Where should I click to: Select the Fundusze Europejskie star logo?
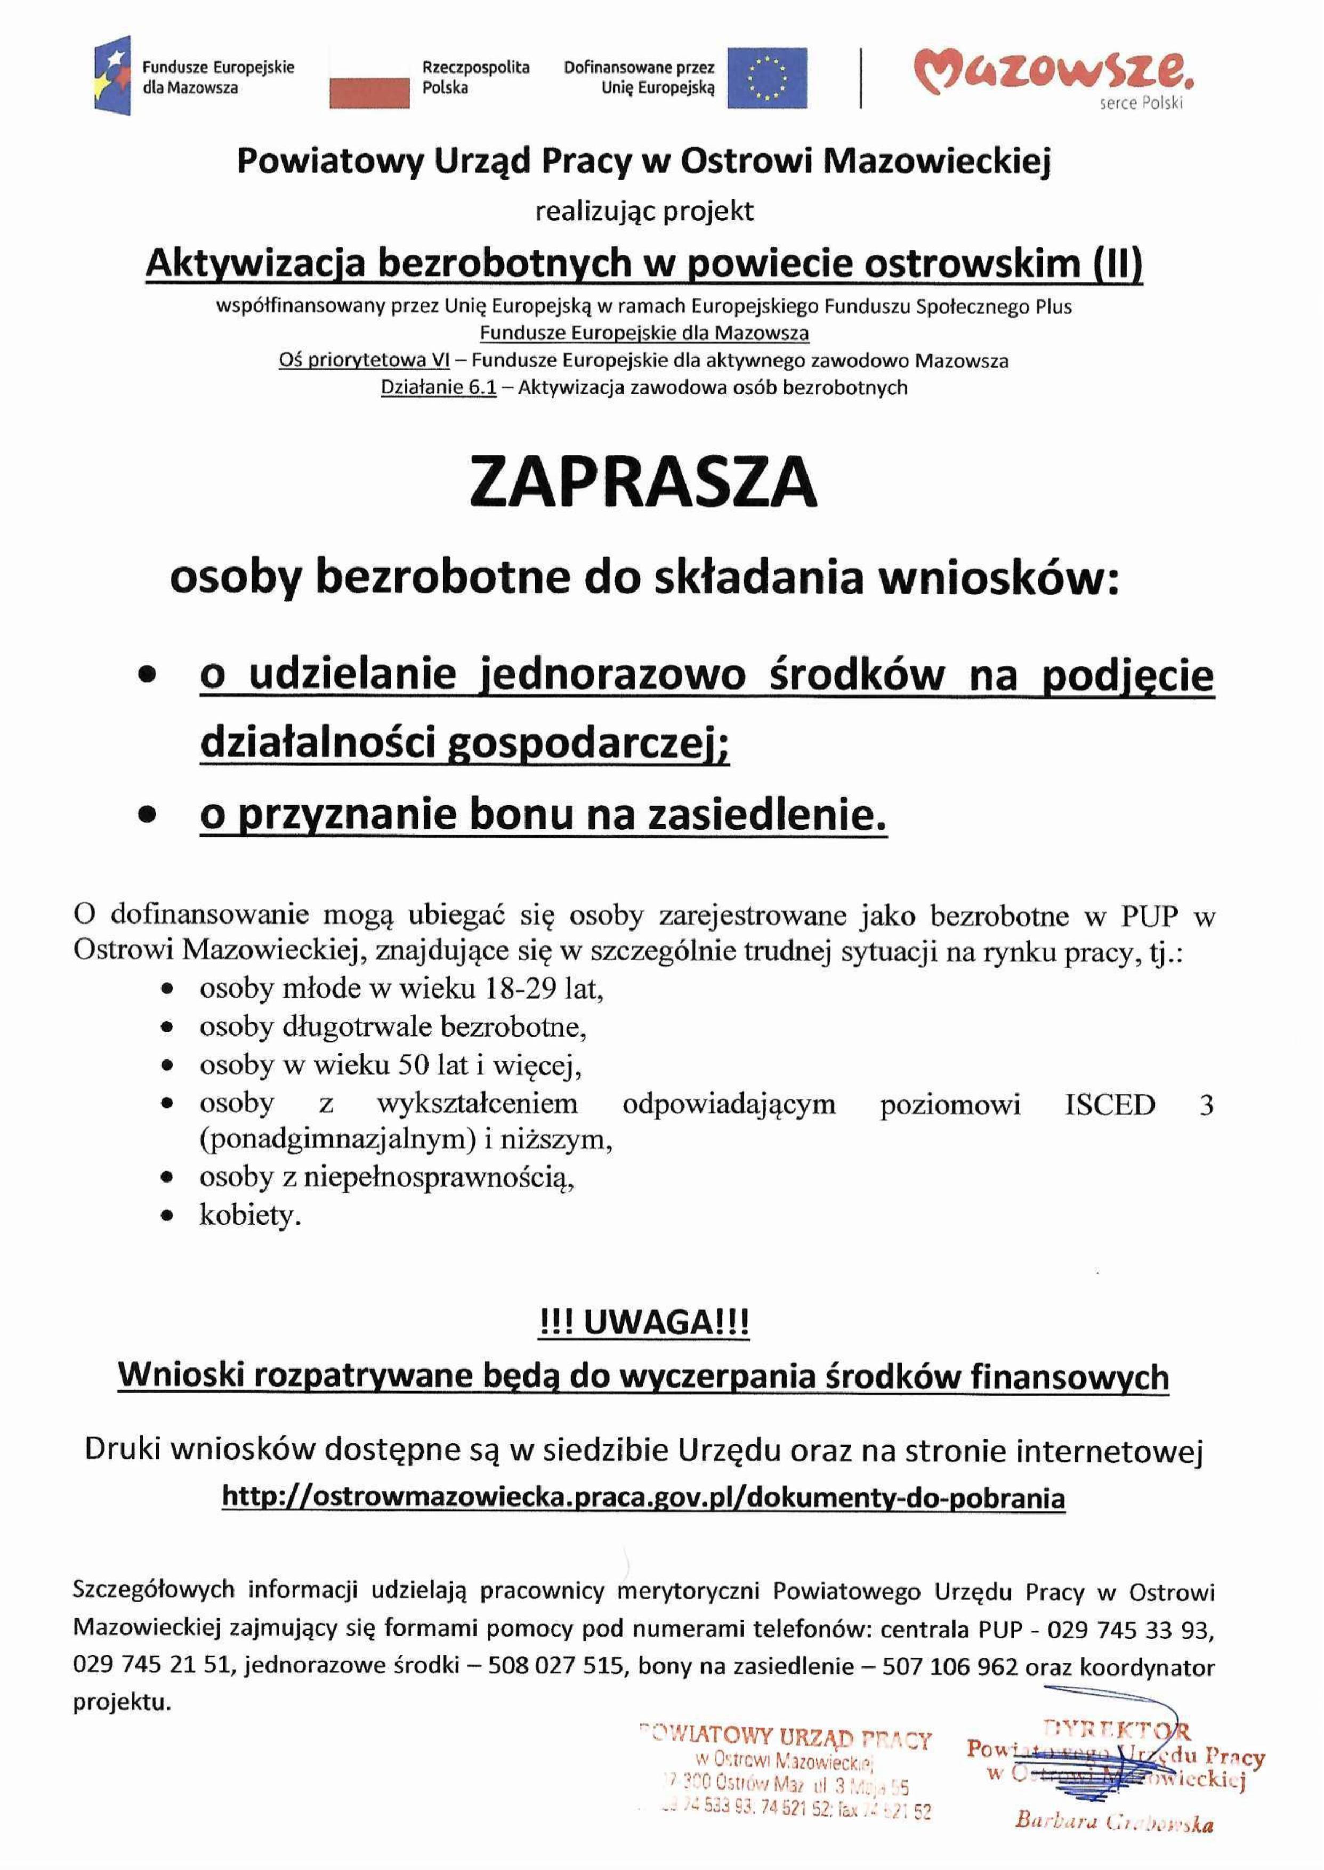[x=112, y=75]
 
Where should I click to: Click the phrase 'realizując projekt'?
[x=643, y=212]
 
